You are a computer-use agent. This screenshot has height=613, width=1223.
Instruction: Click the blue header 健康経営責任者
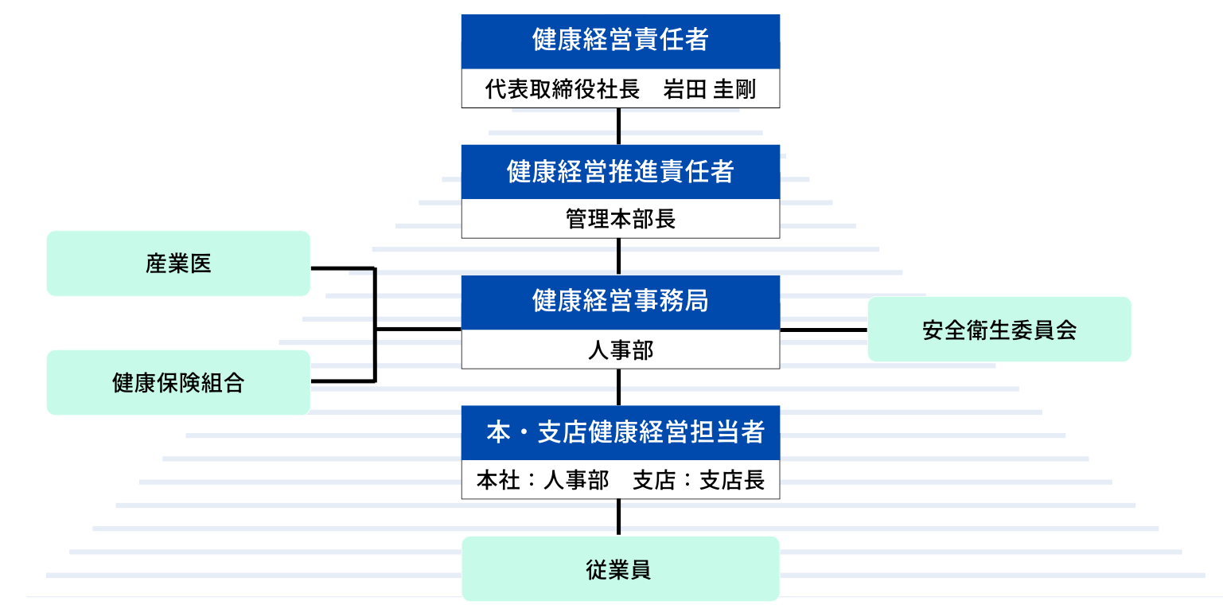point(620,41)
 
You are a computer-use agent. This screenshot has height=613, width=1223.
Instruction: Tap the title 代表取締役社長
point(563,89)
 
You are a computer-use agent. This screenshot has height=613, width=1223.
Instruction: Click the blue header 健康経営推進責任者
point(620,171)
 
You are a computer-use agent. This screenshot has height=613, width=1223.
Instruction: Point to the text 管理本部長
point(620,219)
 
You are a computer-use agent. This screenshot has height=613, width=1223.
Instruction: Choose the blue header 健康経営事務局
point(620,302)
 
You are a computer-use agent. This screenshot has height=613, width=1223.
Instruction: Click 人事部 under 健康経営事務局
point(620,349)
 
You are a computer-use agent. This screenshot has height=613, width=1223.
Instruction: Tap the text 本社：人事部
point(543,480)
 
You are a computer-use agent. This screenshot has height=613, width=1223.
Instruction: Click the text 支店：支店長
point(699,480)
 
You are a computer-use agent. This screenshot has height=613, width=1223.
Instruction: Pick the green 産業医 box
point(178,264)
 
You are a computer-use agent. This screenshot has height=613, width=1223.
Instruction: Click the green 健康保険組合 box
point(178,383)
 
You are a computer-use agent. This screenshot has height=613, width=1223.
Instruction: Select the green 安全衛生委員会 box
point(999,330)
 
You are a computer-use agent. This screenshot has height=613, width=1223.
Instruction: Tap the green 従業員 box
point(620,569)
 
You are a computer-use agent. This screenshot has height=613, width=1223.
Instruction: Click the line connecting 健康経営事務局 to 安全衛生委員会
point(824,329)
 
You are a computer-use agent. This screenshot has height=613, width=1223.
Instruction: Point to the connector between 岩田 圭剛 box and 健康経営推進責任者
point(619,126)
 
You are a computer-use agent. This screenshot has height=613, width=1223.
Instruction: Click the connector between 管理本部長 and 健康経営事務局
point(619,256)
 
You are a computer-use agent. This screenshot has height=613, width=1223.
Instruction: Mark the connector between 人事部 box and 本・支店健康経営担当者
point(619,387)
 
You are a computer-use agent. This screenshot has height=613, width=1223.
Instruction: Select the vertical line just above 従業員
point(619,517)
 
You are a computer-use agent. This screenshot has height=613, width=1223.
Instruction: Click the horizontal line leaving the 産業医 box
point(342,268)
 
